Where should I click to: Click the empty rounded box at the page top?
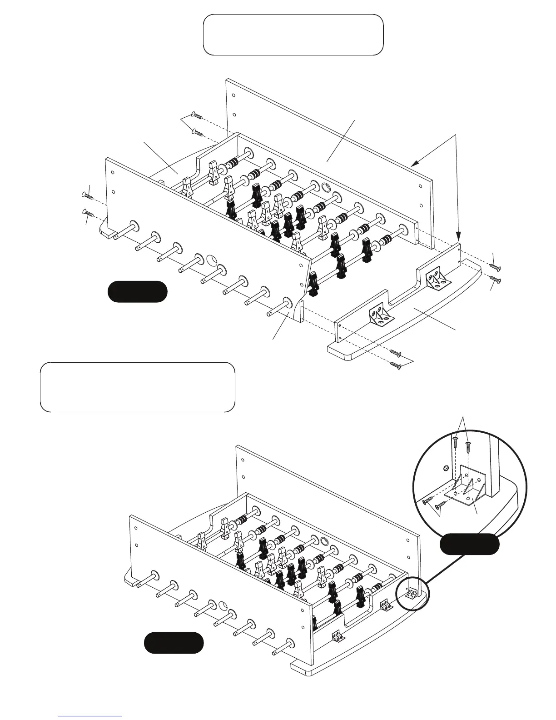coord(293,35)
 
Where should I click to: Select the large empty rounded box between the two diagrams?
coord(137,387)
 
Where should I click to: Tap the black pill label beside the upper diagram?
coord(137,292)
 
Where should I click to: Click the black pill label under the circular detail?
coord(470,544)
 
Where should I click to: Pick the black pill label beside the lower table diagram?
coord(174,643)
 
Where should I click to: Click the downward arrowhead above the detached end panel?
coord(458,235)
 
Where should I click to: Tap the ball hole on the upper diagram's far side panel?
coord(326,187)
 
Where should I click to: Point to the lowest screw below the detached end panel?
coord(396,365)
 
